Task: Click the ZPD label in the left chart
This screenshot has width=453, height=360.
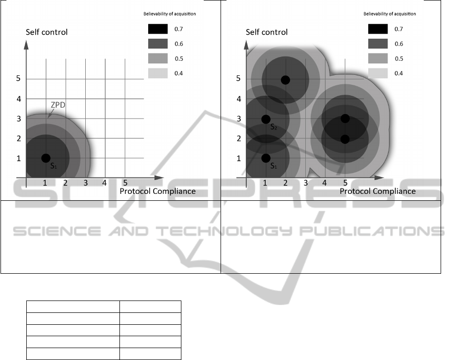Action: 58,105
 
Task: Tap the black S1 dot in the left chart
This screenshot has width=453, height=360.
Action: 46,158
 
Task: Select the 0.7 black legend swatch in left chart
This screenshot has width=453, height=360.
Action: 158,29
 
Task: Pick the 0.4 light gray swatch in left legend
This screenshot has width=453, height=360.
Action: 158,73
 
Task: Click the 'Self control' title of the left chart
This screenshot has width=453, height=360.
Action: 47,32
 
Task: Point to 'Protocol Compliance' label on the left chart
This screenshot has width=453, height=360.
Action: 158,191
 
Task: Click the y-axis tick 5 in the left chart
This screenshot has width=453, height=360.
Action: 18,78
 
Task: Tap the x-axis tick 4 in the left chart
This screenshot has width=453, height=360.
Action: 104,183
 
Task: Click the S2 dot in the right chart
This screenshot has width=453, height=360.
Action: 266,119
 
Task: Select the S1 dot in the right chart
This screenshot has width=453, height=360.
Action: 266,158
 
